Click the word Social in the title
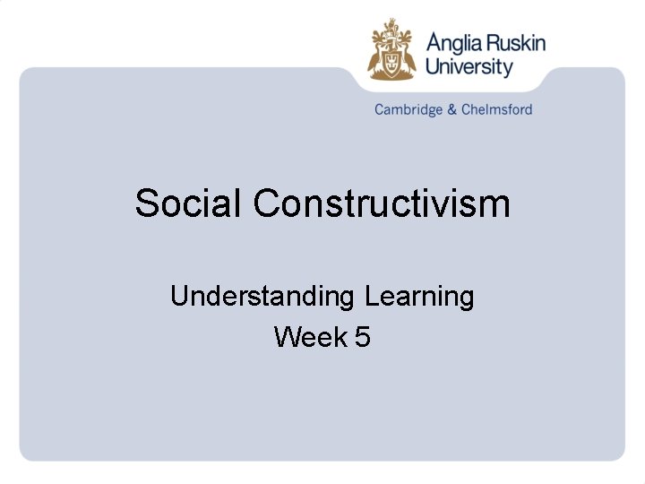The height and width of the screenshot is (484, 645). pyautogui.click(x=188, y=203)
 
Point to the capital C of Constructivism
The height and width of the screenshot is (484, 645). pyautogui.click(x=267, y=203)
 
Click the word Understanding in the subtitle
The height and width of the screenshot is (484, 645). pyautogui.click(x=262, y=297)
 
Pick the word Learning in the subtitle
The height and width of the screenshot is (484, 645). pyautogui.click(x=419, y=296)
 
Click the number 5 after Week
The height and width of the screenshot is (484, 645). pyautogui.click(x=362, y=337)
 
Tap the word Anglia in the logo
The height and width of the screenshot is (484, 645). pyautogui.click(x=453, y=43)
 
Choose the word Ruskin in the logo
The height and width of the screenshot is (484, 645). pyautogui.click(x=515, y=42)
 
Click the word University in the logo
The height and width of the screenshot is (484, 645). pyautogui.click(x=469, y=67)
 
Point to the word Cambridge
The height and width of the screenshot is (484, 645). pyautogui.click(x=408, y=110)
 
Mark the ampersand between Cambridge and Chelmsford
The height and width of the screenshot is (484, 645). pyautogui.click(x=452, y=110)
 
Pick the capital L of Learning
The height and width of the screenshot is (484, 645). pyautogui.click(x=373, y=296)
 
